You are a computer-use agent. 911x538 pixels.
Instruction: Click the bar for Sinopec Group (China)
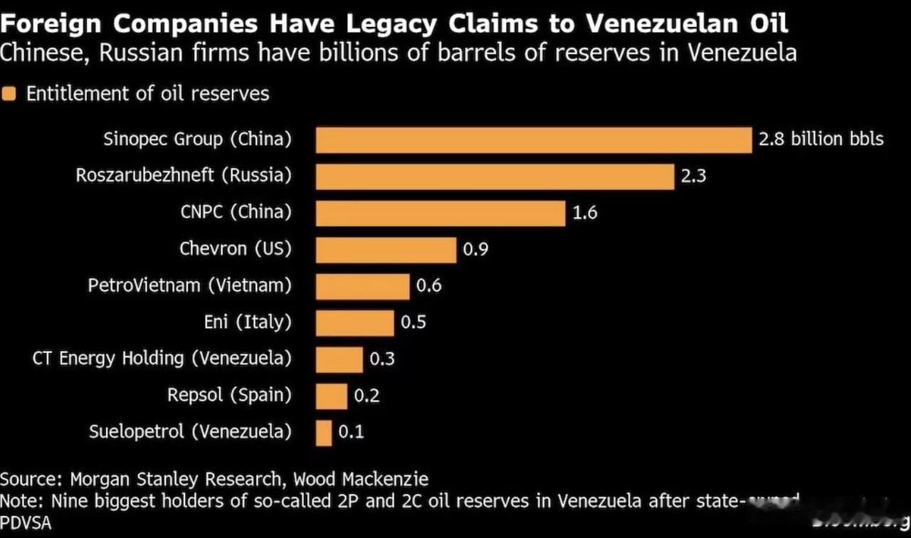[533, 140]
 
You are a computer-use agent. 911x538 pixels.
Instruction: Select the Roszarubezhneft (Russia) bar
[495, 176]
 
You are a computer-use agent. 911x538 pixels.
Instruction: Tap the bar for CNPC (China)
[440, 213]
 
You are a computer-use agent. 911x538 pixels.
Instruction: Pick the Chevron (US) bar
[386, 250]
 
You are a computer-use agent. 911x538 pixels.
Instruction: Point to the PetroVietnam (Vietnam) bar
[362, 287]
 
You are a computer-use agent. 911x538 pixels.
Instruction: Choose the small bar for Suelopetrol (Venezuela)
[324, 433]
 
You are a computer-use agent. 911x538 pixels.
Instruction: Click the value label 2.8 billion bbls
[821, 139]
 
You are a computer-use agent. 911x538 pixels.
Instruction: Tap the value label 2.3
[693, 176]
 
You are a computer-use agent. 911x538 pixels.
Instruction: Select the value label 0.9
[475, 249]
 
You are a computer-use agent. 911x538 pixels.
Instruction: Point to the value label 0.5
[414, 322]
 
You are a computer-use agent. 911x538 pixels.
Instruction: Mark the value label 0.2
[367, 396]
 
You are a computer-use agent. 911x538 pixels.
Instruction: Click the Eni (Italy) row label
[248, 322]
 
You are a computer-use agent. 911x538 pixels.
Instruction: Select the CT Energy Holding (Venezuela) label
[162, 359]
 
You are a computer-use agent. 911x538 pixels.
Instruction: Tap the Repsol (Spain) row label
[229, 395]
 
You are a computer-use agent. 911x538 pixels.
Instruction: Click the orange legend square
[9, 94]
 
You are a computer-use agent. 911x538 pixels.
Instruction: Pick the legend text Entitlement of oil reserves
[148, 94]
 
